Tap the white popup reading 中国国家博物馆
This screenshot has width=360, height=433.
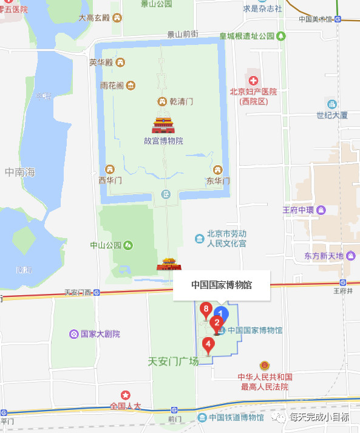222,284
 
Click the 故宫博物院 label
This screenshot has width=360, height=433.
163,141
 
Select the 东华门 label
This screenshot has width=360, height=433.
218,180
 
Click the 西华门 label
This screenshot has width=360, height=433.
110,180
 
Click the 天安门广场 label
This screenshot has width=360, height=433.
173,361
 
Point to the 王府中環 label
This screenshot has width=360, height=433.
299,210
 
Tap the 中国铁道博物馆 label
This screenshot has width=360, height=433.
236,417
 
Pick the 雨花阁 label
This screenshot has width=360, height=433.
112,86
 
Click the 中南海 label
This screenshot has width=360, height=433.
19,172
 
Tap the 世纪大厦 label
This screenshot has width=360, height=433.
331,115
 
